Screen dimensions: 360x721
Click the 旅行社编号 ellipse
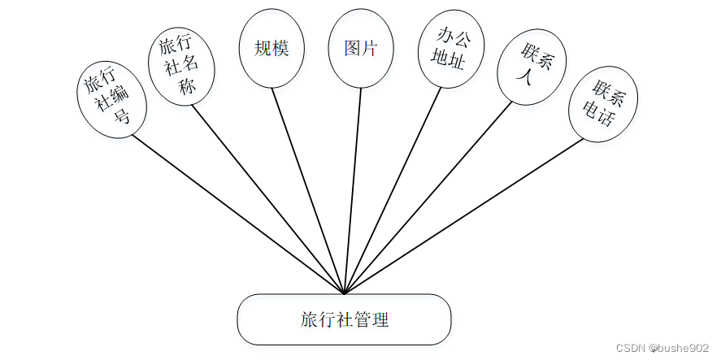tap(111, 98)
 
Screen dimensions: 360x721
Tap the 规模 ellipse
tap(272, 50)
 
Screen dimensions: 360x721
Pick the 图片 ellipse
tap(361, 50)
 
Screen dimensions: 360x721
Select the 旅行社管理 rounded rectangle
tap(344, 319)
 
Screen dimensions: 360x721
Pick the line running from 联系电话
tap(463, 216)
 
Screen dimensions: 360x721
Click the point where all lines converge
tap(345, 293)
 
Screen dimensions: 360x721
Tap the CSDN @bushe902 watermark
tap(662, 347)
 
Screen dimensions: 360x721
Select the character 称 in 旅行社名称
tap(188, 89)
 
